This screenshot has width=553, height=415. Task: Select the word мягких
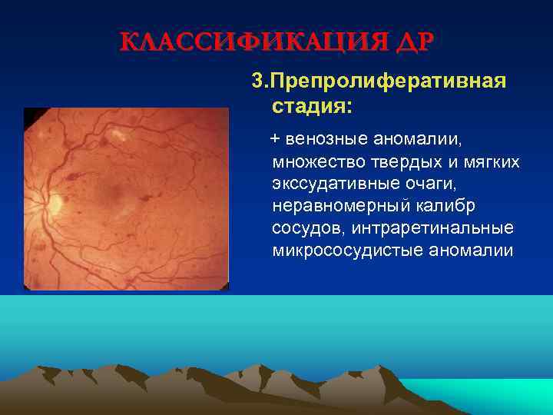[x=488, y=162]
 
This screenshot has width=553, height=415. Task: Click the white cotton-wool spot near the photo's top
[x=120, y=137]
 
